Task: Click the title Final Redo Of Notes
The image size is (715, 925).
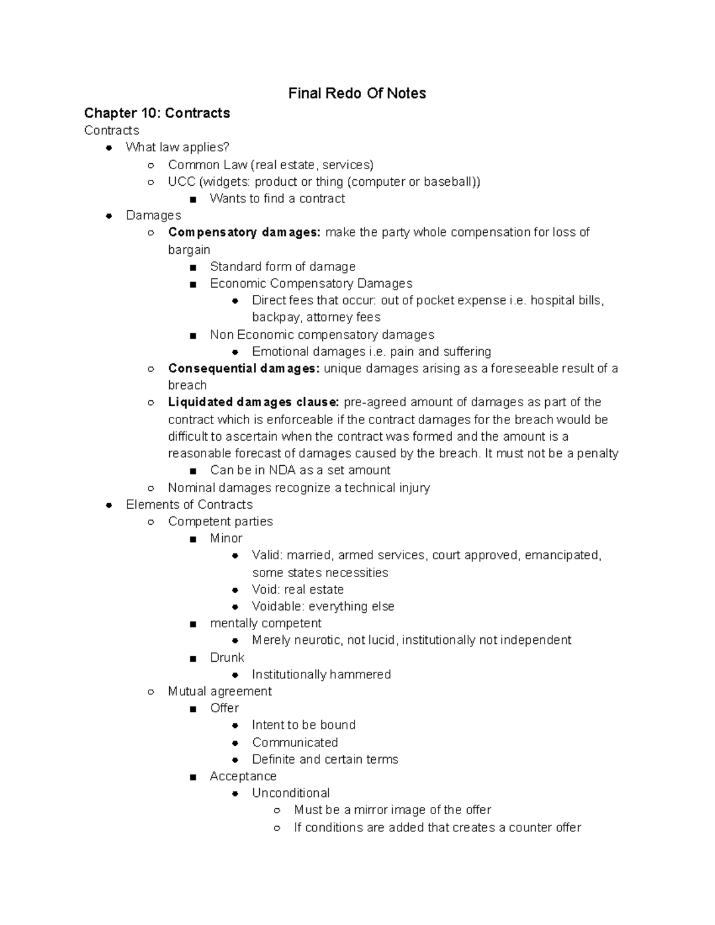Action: click(357, 94)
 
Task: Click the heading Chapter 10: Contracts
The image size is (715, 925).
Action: click(157, 113)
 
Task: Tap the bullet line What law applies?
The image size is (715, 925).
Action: click(177, 147)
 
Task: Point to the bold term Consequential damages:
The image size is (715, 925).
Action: click(244, 369)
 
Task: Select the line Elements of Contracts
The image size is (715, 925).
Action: click(189, 504)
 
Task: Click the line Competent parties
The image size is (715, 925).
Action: click(220, 522)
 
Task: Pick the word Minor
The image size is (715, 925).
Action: click(226, 538)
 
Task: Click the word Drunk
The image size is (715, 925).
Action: click(227, 658)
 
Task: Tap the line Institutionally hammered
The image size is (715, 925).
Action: click(321, 675)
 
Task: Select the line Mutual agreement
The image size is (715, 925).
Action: click(220, 692)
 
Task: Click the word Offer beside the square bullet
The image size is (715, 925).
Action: click(224, 708)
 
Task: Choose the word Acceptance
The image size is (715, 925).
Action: click(243, 777)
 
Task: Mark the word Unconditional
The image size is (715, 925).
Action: click(291, 793)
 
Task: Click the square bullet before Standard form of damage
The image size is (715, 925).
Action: click(192, 267)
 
